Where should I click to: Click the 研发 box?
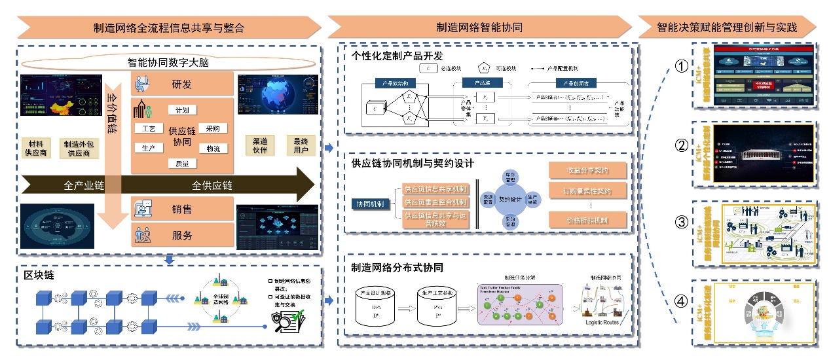point(182,84)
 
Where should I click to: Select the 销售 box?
point(182,209)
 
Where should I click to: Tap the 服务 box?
point(182,234)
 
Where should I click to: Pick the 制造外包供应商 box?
point(80,148)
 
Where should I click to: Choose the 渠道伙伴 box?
point(259,145)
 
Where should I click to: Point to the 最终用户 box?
point(300,145)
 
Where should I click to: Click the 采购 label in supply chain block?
point(212,128)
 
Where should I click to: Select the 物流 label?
point(212,149)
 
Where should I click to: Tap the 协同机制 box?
point(370,204)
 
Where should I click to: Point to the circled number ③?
point(682,222)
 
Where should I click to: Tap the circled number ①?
point(682,66)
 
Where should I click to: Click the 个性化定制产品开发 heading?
point(397,56)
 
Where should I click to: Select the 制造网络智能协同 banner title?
point(479,27)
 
